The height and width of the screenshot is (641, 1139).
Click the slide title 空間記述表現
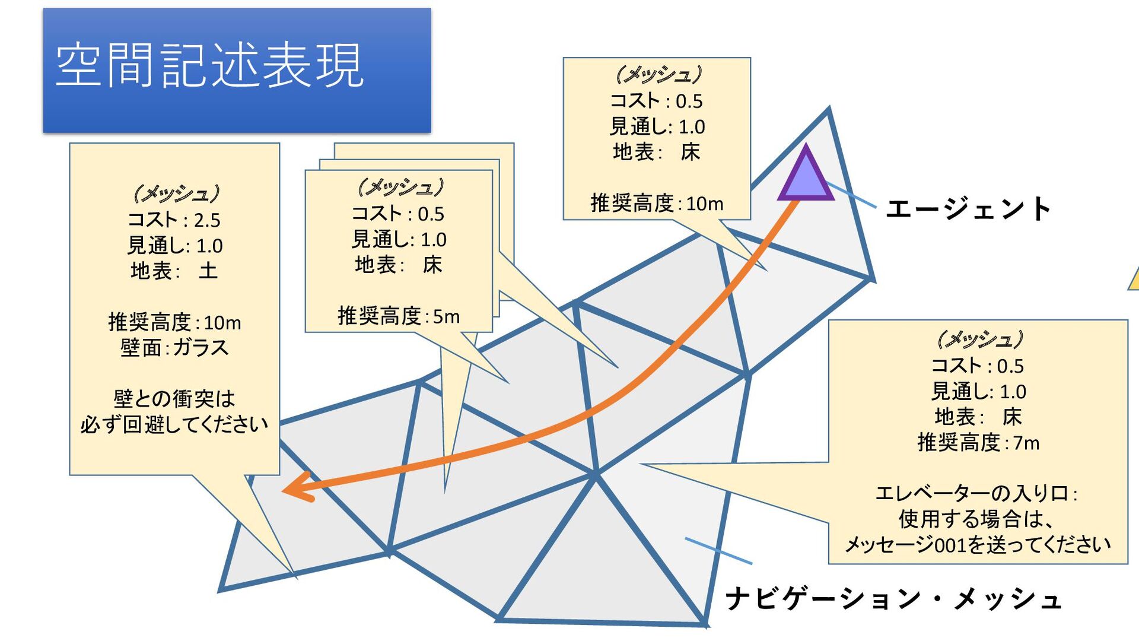(209, 65)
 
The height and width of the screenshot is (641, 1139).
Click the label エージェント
(968, 209)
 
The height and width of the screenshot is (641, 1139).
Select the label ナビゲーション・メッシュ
(893, 598)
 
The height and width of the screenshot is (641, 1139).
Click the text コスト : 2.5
(174, 220)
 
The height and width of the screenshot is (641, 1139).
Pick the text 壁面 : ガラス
(174, 347)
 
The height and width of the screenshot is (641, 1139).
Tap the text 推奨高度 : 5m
(399, 316)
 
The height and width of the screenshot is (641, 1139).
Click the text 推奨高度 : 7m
(978, 442)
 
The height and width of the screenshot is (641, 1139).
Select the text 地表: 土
(174, 271)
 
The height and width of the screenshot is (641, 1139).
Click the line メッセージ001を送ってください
(977, 544)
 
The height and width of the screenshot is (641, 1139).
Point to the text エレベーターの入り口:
(976, 493)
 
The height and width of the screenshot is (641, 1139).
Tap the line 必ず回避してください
(174, 424)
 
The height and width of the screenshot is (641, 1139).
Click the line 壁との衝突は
(174, 398)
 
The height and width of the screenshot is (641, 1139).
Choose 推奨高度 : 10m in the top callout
(657, 204)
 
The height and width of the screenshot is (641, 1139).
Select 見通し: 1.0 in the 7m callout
(978, 392)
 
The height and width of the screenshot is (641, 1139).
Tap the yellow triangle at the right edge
(1134, 280)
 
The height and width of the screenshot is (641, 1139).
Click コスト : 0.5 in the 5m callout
(398, 214)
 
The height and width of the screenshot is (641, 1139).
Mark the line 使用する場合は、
(976, 519)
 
